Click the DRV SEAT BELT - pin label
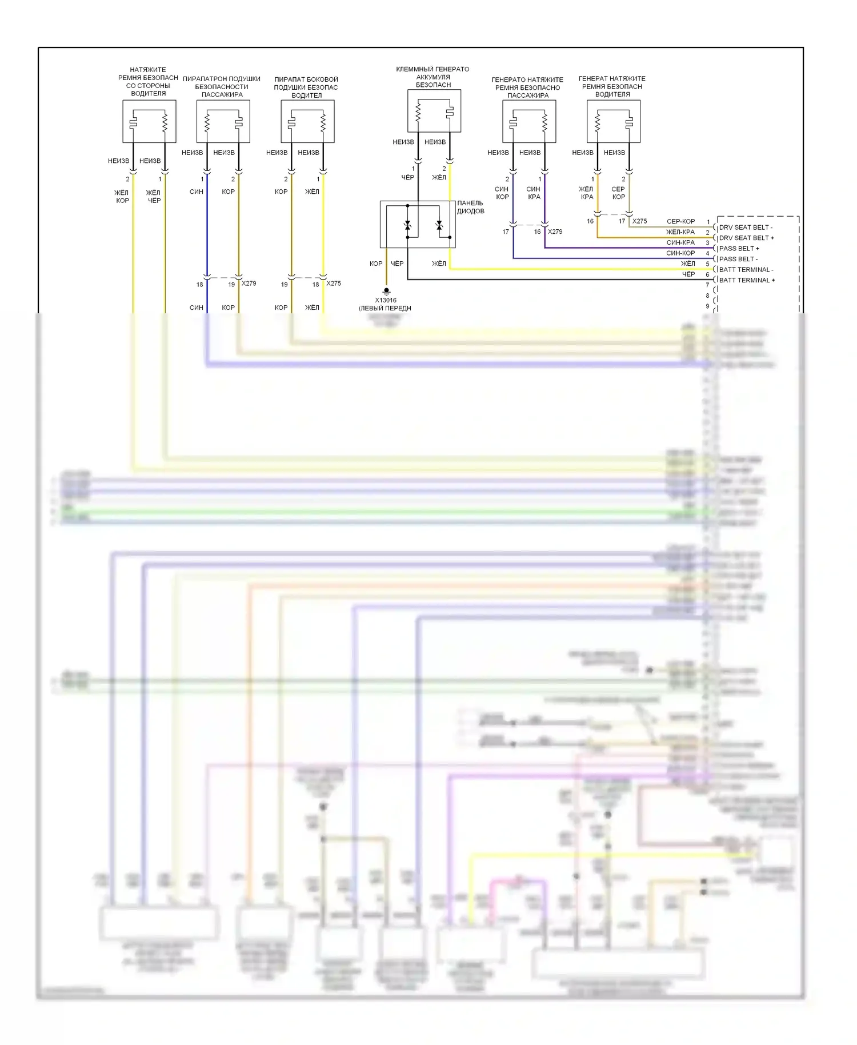tap(745, 228)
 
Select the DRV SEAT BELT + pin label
tap(746, 238)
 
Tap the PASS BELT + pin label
tap(739, 249)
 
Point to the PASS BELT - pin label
tap(738, 259)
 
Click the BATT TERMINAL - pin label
tap(746, 270)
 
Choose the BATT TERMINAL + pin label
tap(747, 280)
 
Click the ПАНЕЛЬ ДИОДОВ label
tap(470, 207)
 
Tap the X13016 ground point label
tap(386, 300)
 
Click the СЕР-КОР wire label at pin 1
tap(680, 221)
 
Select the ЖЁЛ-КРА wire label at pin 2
tap(680, 232)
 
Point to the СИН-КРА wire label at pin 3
tap(680, 242)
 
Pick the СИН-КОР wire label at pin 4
tap(680, 253)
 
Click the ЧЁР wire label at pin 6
tap(688, 274)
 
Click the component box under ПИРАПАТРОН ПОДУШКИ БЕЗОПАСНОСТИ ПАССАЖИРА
tap(223, 122)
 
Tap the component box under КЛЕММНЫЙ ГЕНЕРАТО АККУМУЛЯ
tap(434, 111)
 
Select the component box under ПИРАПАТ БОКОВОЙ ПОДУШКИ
tap(307, 122)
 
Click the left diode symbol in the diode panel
tap(407, 226)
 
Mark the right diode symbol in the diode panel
tap(439, 226)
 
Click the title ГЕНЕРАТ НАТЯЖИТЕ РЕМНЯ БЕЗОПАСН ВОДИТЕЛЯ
tap(612, 86)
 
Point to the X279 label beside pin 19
tap(249, 284)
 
